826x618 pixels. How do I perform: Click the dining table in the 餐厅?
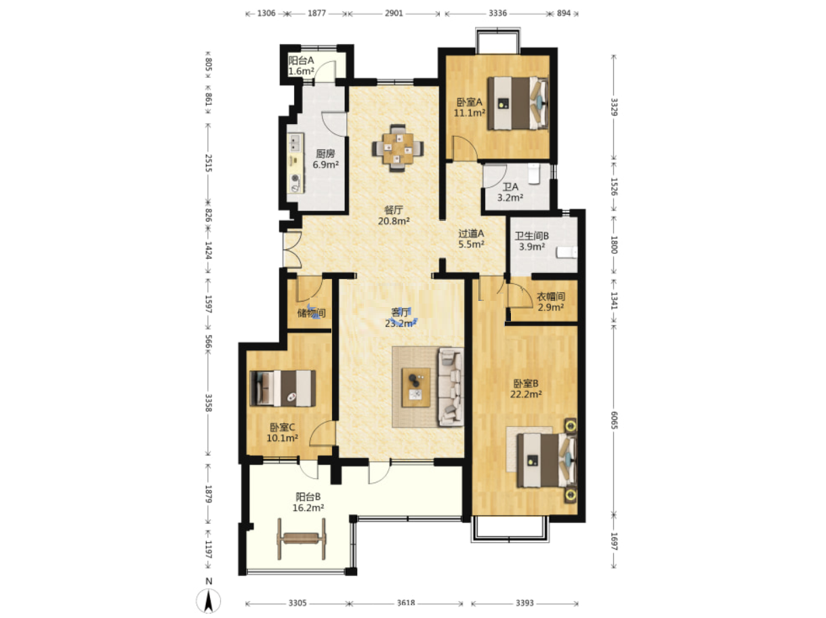397,148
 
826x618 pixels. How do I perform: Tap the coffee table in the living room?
416,388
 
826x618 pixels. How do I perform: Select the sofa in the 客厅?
451,387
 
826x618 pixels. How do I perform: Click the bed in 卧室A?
518,103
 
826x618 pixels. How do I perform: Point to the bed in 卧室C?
283,388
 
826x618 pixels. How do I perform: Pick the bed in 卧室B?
546,460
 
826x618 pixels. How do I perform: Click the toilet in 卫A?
534,173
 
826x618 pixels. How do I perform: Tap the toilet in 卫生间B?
566,252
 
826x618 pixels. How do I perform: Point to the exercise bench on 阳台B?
302,539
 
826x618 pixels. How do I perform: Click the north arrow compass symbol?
209,601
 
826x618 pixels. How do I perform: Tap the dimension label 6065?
614,419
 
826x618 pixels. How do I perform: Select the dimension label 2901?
394,13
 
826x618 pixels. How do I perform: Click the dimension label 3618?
406,603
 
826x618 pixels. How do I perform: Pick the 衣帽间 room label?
550,296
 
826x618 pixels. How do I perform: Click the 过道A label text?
471,234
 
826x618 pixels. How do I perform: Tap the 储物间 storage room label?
311,312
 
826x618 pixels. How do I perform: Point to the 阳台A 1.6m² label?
302,66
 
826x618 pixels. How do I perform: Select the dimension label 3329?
614,107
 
